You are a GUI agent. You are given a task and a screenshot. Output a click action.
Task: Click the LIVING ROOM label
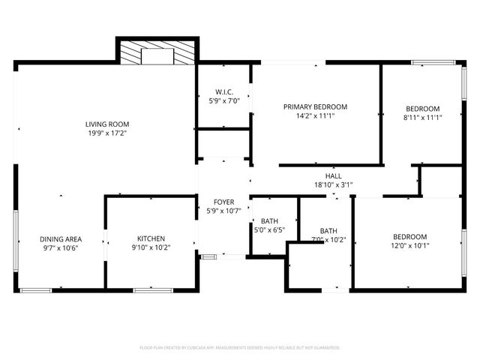(x=106, y=124)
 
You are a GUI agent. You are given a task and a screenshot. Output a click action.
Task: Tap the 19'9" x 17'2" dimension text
(x=106, y=134)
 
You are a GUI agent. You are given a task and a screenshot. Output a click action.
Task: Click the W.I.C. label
(x=223, y=91)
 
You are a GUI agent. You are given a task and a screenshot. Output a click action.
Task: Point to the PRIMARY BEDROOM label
(x=315, y=106)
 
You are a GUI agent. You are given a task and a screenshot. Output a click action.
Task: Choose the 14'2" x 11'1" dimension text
(x=315, y=116)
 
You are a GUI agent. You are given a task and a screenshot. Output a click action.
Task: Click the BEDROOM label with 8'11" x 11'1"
(x=423, y=108)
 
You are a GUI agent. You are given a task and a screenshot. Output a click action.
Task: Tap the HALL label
(x=334, y=175)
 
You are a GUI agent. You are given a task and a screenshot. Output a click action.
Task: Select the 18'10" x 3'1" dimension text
(x=334, y=184)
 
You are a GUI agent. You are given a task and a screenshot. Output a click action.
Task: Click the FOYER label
(x=223, y=202)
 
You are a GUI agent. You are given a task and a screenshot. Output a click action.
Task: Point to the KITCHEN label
(x=150, y=238)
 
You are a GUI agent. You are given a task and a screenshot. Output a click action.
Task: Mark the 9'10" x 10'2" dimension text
(x=150, y=247)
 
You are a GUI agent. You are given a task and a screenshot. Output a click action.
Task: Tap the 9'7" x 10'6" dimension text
(x=61, y=247)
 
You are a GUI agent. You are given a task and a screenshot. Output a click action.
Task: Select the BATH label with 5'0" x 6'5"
(x=270, y=220)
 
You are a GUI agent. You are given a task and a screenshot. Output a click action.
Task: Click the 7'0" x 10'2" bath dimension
(x=328, y=240)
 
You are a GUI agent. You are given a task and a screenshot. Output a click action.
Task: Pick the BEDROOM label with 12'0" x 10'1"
(x=410, y=235)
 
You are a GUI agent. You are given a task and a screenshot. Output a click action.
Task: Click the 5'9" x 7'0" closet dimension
(x=223, y=100)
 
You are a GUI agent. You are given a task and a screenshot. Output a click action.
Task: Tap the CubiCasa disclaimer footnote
(x=240, y=347)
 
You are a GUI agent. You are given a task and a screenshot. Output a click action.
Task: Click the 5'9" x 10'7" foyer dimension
(x=223, y=211)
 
